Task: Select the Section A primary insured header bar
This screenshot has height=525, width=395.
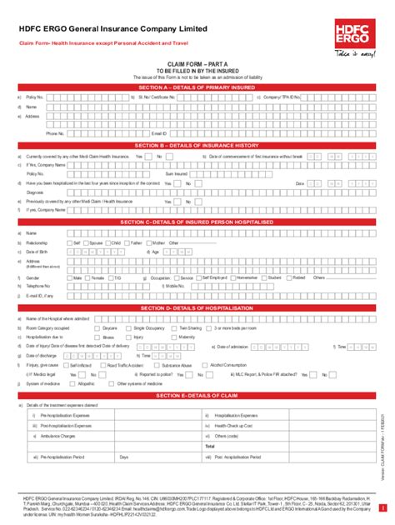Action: tap(197, 87)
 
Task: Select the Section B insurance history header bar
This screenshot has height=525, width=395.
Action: tap(197, 145)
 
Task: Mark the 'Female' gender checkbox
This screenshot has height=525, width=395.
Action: tap(87, 277)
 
